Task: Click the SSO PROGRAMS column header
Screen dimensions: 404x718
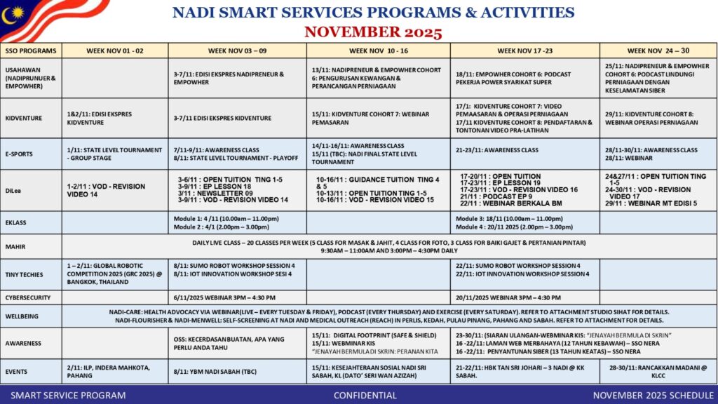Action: [31, 50]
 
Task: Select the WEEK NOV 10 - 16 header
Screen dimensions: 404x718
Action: [378, 50]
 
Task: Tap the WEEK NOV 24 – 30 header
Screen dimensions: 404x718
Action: [658, 50]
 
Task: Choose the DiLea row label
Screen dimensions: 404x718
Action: [15, 189]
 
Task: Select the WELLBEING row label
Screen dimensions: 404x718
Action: [23, 316]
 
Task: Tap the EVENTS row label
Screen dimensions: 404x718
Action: [18, 367]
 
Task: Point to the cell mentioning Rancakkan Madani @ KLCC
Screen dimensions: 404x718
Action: [658, 370]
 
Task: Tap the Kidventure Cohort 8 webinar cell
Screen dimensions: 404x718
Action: [658, 118]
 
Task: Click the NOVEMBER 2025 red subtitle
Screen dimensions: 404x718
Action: [373, 32]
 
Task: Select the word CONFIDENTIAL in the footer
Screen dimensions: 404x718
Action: [365, 395]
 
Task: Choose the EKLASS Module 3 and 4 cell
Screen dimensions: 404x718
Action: [524, 223]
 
